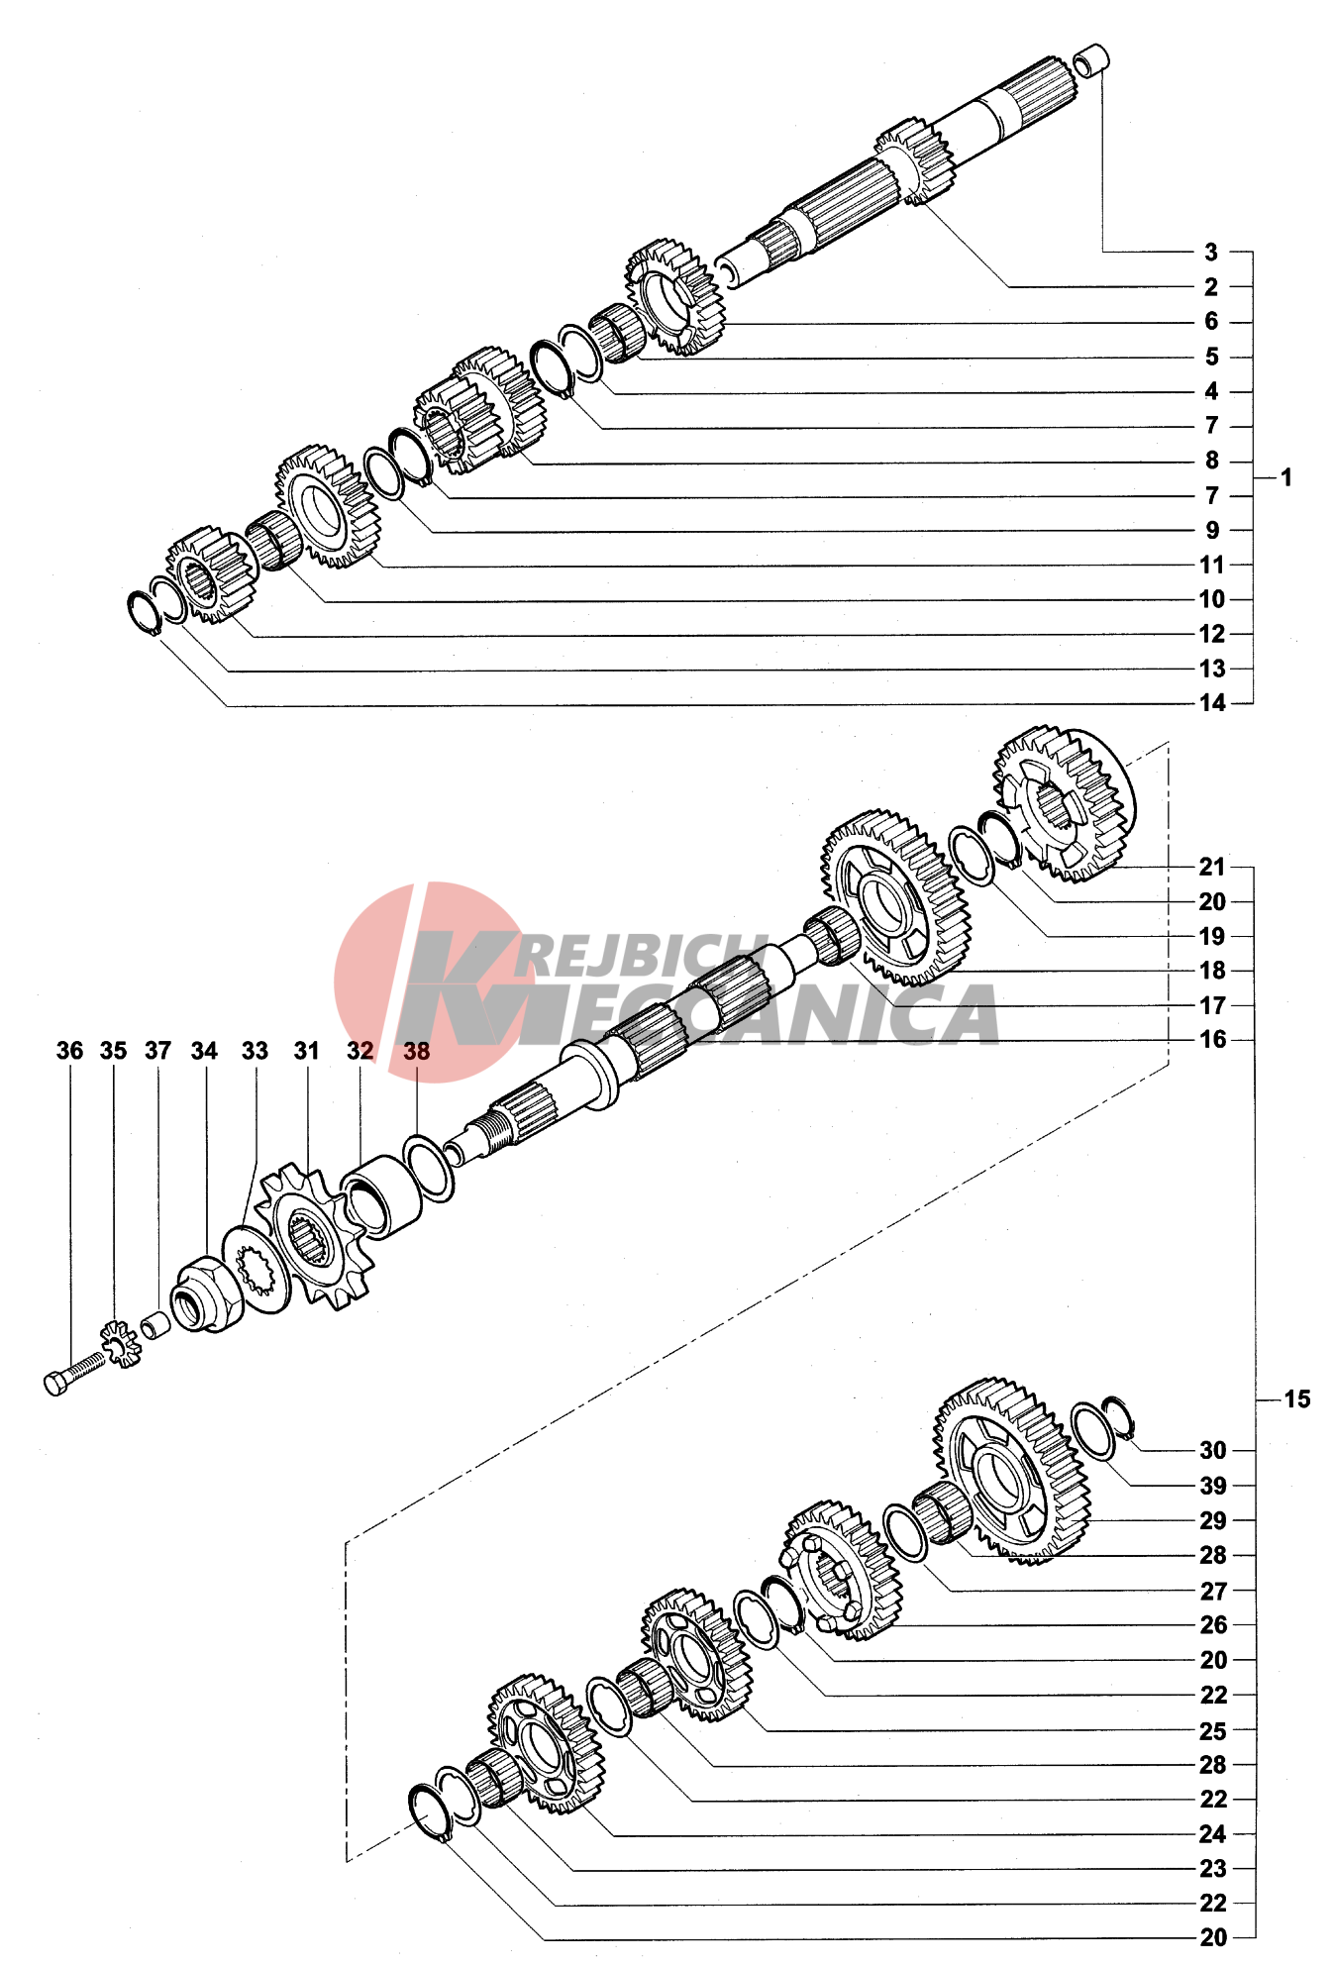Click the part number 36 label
tap(69, 1051)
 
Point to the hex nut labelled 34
tap(207, 1292)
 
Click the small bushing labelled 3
tap(1091, 60)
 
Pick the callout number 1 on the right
tap(1285, 478)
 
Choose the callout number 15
tap(1297, 1399)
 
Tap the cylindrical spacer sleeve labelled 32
tap(381, 1197)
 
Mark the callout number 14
tap(1212, 703)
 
